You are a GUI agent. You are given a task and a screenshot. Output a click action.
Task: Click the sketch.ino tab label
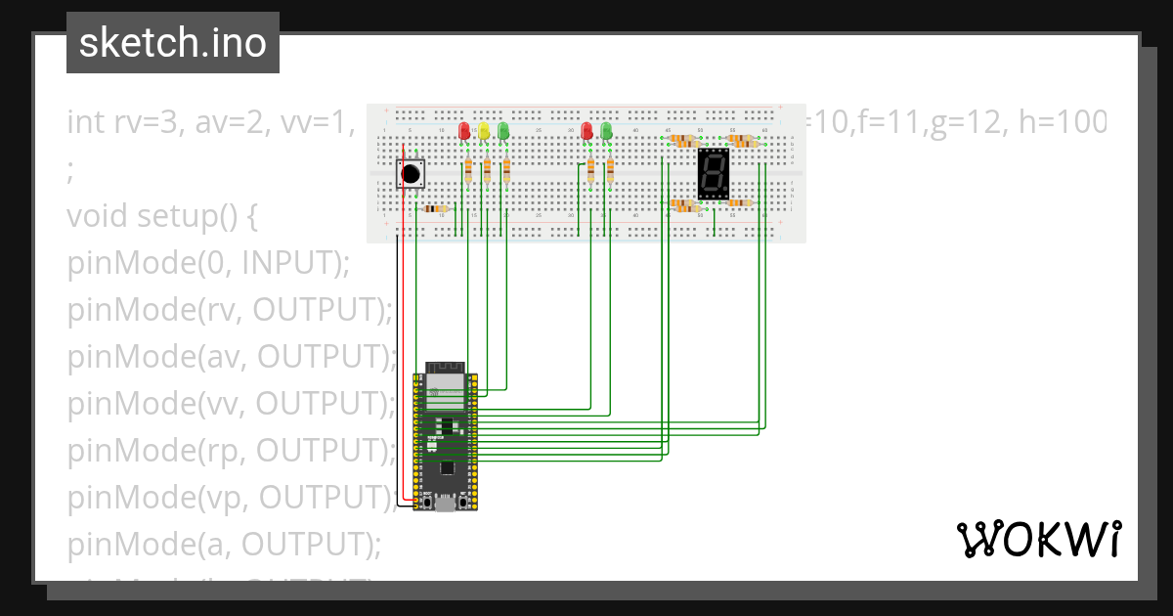172,43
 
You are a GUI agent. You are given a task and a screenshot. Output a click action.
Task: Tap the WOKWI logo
1038,539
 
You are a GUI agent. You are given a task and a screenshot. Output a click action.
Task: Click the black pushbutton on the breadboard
412,174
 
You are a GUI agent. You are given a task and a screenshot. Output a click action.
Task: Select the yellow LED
484,131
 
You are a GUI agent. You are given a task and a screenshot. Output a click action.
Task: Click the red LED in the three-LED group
464,131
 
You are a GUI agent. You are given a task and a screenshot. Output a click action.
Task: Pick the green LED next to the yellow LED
503,131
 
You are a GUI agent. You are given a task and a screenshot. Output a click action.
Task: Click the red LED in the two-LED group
587,131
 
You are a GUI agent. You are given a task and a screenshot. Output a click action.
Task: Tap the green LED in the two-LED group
607,131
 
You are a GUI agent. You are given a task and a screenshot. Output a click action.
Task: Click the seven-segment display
714,174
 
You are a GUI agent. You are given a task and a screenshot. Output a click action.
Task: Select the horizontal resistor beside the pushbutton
435,208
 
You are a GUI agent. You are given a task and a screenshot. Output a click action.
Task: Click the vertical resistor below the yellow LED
487,171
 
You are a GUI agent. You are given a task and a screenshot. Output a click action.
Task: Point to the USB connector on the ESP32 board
445,505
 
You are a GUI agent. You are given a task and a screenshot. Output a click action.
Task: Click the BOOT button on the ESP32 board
427,502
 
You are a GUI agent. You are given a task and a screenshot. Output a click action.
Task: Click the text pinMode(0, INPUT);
207,263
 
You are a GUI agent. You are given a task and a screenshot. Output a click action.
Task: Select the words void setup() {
161,216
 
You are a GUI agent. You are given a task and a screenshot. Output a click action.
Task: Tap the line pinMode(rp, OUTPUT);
229,451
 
